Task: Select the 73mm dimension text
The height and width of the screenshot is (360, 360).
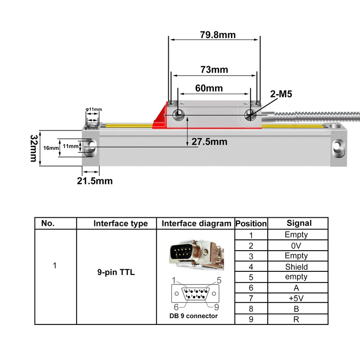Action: [x=214, y=70]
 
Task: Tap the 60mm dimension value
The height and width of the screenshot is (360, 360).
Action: [x=209, y=88]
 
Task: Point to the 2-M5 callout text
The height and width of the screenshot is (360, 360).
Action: [x=281, y=94]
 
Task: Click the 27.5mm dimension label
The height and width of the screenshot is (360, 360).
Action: [x=209, y=142]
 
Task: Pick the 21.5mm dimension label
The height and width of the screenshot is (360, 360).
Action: [x=95, y=181]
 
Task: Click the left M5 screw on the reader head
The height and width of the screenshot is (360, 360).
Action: [x=179, y=114]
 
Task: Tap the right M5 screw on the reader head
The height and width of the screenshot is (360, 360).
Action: [x=250, y=115]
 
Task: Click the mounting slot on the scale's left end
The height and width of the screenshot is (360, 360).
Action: [x=91, y=146]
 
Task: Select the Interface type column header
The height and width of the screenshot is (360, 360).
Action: [x=120, y=224]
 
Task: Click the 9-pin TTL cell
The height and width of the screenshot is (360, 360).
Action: [x=116, y=272]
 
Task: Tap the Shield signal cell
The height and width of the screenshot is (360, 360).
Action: [x=297, y=266]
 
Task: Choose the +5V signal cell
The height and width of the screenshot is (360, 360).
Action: [x=297, y=298]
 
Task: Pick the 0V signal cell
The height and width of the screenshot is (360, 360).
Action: [x=297, y=246]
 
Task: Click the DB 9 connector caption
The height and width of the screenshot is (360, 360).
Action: [x=190, y=316]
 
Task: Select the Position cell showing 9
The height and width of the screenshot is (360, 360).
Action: [x=251, y=319]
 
